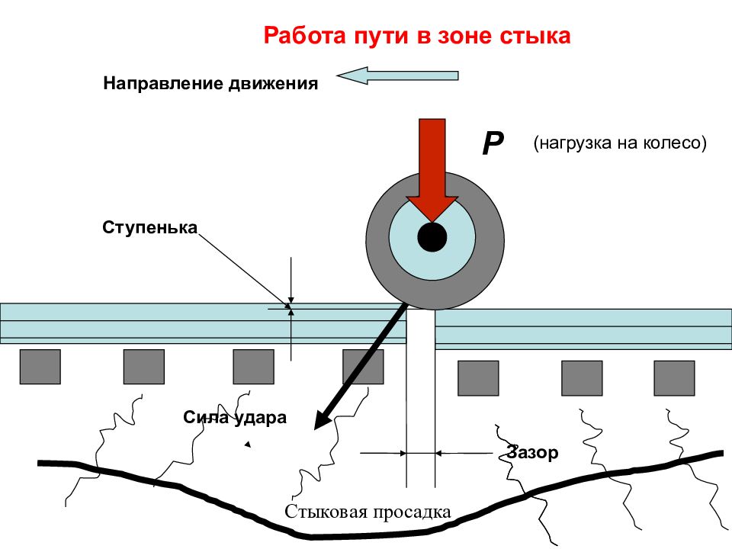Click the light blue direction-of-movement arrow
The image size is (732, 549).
pyautogui.click(x=397, y=75)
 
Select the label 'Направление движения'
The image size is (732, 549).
pyautogui.click(x=210, y=84)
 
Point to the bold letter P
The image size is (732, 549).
pyautogui.click(x=493, y=143)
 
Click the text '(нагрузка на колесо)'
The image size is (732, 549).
pyautogui.click(x=620, y=143)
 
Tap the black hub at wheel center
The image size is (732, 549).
pyautogui.click(x=432, y=237)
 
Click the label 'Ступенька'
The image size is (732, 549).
pyautogui.click(x=150, y=227)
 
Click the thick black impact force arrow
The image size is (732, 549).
pyautogui.click(x=360, y=367)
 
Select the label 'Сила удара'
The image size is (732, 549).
pyautogui.click(x=235, y=417)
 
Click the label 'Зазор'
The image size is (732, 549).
pyautogui.click(x=533, y=452)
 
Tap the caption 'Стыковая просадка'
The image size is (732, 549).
pyautogui.click(x=368, y=512)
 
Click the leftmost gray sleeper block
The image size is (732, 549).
pyautogui.click(x=40, y=367)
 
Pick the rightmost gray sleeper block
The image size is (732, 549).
pyautogui.click(x=674, y=378)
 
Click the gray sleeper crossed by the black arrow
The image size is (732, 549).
pyautogui.click(x=363, y=367)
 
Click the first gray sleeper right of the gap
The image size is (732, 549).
pyautogui.click(x=478, y=378)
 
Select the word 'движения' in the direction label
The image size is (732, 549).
pyautogui.click(x=274, y=84)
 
